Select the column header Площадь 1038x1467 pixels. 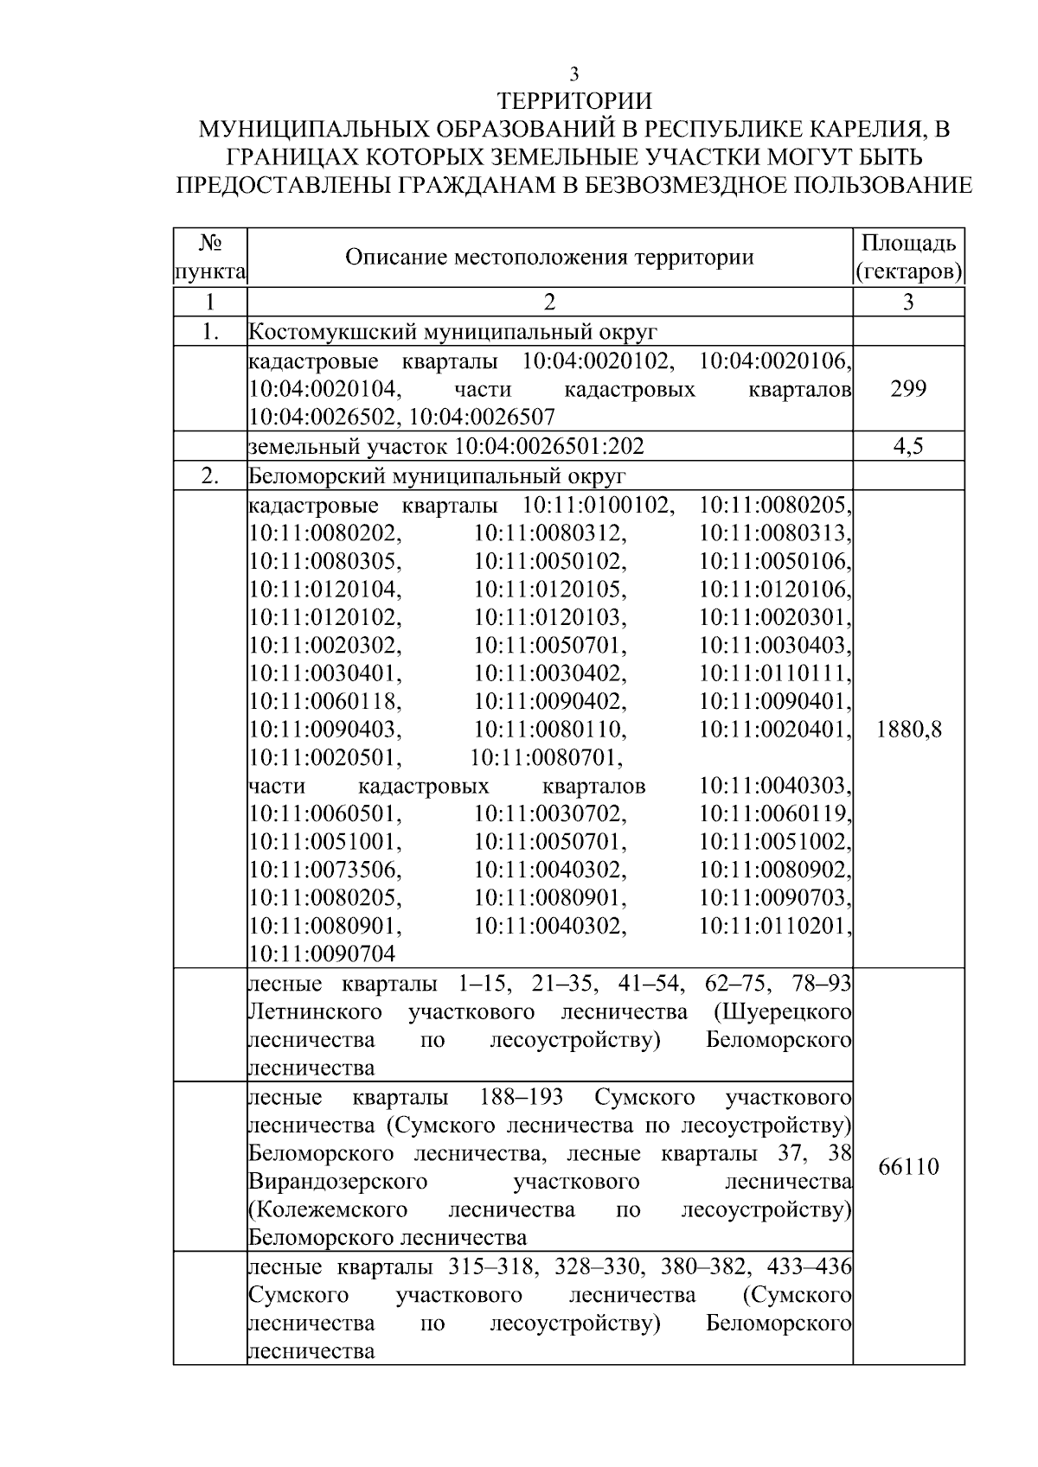click(x=908, y=243)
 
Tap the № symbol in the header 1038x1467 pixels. click(x=210, y=243)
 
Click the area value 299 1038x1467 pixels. click(x=908, y=389)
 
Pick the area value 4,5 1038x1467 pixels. click(x=908, y=447)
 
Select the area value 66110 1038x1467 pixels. click(x=908, y=1167)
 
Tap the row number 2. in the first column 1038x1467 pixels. click(x=210, y=476)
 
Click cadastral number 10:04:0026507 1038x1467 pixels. click(x=482, y=418)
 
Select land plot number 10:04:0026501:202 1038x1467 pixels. click(x=550, y=447)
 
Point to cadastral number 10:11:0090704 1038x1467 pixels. click(x=322, y=954)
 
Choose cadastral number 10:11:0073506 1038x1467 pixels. click(x=325, y=870)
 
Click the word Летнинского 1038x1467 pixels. click(x=315, y=1011)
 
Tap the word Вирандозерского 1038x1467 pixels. click(x=337, y=1181)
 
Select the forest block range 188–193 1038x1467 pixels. click(x=521, y=1097)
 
